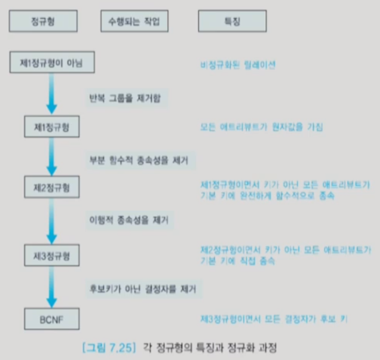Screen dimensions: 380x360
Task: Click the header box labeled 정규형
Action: (x=43, y=22)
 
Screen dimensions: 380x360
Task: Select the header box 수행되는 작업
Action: (x=133, y=22)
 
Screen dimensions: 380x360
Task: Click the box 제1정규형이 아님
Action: (x=52, y=63)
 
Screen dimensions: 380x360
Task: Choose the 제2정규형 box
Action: (x=52, y=189)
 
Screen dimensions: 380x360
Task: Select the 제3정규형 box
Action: (x=52, y=256)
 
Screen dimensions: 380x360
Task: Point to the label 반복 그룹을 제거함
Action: (x=126, y=97)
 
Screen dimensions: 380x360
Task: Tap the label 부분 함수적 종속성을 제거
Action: (x=139, y=159)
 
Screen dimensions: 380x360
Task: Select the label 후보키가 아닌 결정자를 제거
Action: (x=142, y=288)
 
